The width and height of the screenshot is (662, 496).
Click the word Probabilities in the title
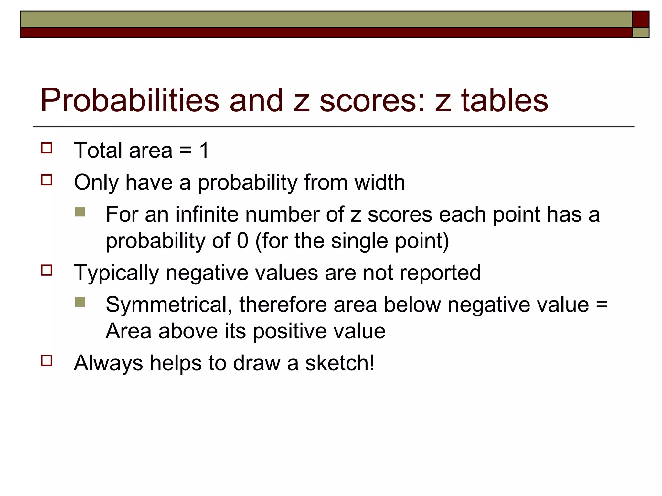(x=130, y=100)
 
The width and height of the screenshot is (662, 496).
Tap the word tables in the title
(x=504, y=100)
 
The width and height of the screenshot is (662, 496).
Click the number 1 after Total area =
(x=204, y=150)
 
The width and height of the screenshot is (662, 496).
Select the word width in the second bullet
(x=379, y=182)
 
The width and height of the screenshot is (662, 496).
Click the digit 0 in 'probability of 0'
(x=242, y=241)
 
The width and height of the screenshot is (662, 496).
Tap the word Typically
(x=116, y=273)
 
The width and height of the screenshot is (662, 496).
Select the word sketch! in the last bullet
(x=340, y=363)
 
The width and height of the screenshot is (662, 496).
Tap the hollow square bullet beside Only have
(x=47, y=180)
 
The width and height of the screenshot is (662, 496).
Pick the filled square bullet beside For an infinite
(x=80, y=212)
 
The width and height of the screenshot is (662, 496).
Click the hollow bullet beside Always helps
(x=47, y=360)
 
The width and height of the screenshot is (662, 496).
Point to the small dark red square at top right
(x=640, y=19)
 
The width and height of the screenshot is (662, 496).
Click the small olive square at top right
(x=640, y=33)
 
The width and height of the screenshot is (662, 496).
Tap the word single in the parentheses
(x=359, y=241)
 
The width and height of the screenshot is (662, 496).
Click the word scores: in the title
(x=372, y=100)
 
